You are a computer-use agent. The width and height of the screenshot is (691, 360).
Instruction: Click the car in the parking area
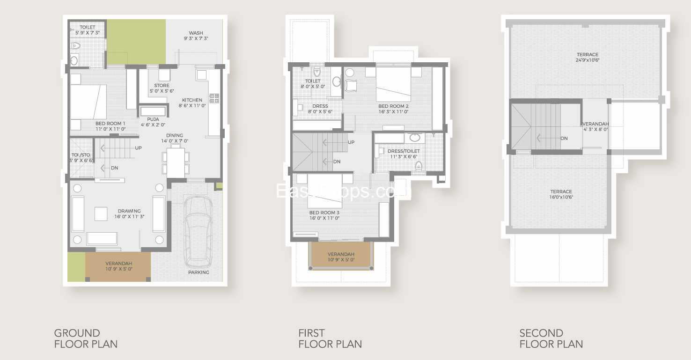pos(198,232)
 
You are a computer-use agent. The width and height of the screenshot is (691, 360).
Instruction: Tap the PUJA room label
pos(153,119)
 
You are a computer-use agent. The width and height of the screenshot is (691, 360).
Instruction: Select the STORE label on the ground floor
pos(162,86)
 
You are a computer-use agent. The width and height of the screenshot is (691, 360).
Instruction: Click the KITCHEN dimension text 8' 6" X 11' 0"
pos(192,105)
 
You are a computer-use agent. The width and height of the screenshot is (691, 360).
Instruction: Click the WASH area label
pos(196,33)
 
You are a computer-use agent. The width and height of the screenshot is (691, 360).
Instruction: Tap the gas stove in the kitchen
pos(214,98)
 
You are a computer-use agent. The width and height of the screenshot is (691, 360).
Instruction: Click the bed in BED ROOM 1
pos(88,102)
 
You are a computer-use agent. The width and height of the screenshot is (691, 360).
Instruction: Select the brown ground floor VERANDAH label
pos(119,264)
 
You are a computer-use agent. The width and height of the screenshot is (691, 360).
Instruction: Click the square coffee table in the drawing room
pos(101,214)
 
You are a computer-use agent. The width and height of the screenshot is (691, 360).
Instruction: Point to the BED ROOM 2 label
pos(393,106)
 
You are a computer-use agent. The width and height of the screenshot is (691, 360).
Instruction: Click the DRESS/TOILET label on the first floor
pos(404,151)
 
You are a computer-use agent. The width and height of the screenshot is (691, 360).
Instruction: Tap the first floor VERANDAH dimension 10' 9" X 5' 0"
pos(341,260)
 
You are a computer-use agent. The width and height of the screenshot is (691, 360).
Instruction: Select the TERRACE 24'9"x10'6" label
pos(588,58)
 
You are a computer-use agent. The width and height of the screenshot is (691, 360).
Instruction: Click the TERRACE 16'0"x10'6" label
pos(561,194)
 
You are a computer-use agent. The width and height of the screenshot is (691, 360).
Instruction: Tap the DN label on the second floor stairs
pos(564,139)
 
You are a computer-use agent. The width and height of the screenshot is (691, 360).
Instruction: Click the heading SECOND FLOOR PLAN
pos(551,338)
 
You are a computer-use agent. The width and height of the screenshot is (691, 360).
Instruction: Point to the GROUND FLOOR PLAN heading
pos(86,338)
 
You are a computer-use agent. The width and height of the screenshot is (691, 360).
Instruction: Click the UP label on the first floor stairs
pos(352,142)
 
